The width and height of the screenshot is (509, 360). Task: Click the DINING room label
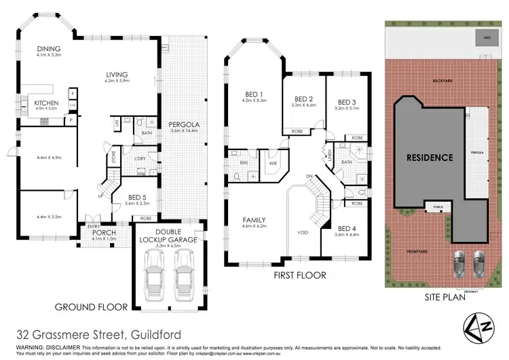tap(50, 48)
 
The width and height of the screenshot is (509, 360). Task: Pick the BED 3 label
tap(347, 102)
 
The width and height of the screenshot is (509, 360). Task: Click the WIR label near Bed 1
tap(273, 163)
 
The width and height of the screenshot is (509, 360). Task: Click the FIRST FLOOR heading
tap(299, 276)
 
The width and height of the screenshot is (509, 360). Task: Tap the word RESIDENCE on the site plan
tap(429, 158)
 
